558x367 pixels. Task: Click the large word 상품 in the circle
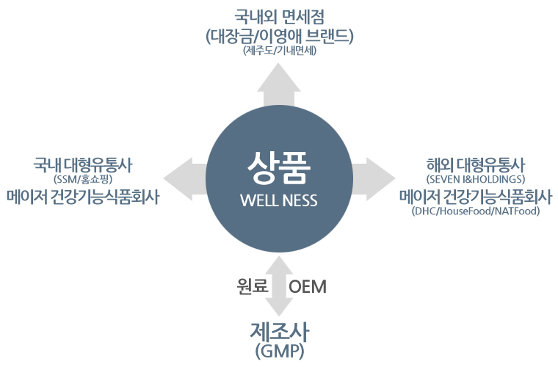click(279, 168)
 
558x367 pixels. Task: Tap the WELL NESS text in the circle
click(279, 200)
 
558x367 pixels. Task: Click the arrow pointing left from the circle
click(185, 178)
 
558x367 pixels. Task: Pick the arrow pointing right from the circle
click(374, 178)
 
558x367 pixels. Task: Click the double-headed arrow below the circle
click(279, 286)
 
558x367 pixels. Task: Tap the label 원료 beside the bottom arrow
click(253, 286)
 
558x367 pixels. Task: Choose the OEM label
click(308, 287)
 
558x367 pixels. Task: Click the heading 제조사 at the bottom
click(280, 332)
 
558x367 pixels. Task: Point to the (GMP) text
click(280, 352)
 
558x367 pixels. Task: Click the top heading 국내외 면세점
click(279, 17)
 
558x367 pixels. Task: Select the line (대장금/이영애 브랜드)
click(280, 36)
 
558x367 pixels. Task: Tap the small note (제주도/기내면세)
click(280, 51)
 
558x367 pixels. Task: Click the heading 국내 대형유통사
click(83, 164)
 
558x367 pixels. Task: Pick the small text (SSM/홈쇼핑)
click(83, 179)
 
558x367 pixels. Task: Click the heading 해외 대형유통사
click(476, 164)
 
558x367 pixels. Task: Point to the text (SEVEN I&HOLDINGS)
click(476, 179)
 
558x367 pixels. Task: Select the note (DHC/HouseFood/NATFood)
click(476, 211)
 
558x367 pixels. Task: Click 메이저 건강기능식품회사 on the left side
click(83, 197)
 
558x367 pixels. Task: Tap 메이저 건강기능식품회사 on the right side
click(476, 196)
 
